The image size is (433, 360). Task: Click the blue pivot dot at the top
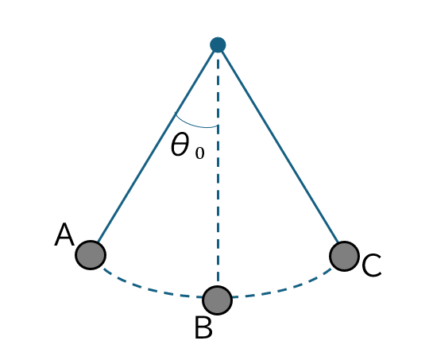coord(218,45)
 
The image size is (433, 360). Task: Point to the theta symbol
coord(180,145)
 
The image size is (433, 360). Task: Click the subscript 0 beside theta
coord(199,153)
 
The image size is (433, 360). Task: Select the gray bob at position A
coord(91,255)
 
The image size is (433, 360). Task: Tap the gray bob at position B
coord(218,300)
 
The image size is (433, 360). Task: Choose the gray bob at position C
coord(344,256)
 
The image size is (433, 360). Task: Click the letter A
coord(64,234)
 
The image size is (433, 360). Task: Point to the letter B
coord(203,327)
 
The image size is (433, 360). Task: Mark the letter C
coord(371,265)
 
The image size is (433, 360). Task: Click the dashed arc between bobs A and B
coord(149,289)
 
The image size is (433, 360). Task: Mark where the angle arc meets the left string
coord(175,113)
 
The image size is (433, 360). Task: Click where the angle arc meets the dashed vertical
coord(218,126)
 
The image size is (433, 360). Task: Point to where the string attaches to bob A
coord(99,242)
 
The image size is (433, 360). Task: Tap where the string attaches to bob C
coord(338,242)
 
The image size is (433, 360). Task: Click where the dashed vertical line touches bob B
coord(218,286)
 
